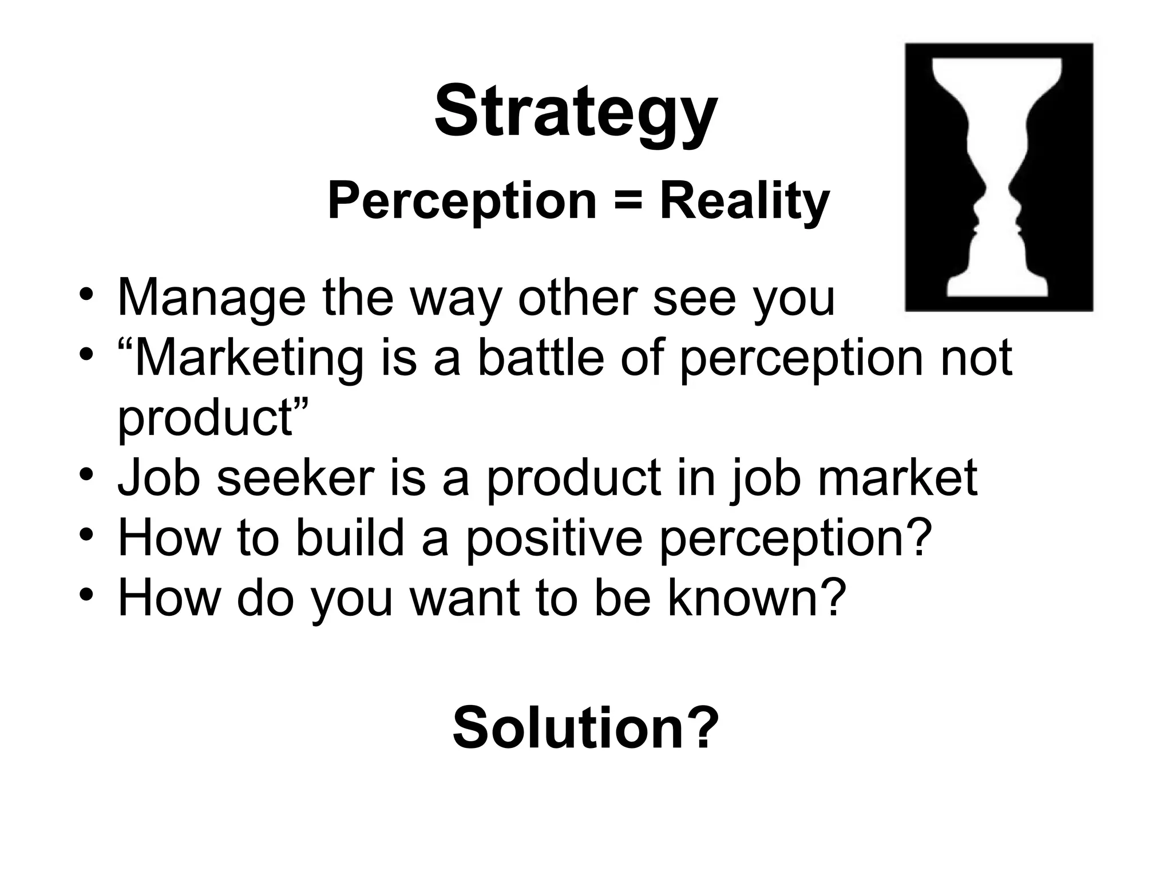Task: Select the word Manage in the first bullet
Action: coord(211,298)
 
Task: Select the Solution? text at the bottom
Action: coord(585,728)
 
